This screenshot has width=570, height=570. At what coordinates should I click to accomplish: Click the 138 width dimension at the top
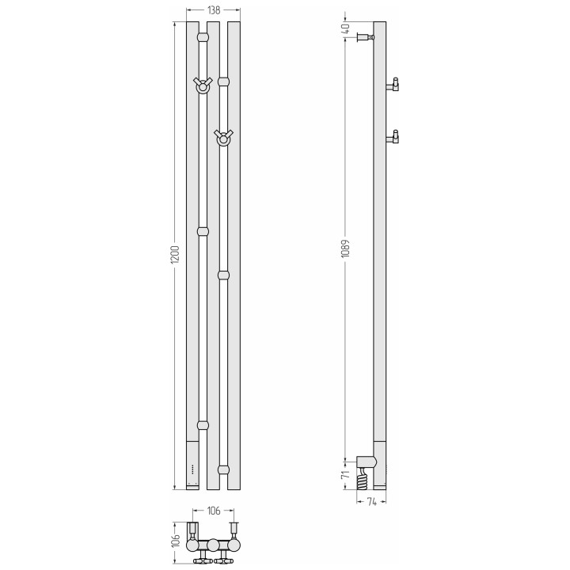coord(214,10)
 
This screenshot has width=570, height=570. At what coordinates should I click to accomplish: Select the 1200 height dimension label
coord(175,254)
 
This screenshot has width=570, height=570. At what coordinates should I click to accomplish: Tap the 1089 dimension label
coord(345,249)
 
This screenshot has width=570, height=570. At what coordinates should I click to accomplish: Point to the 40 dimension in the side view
coord(346,28)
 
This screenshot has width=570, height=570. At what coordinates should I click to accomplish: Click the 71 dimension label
coord(346,474)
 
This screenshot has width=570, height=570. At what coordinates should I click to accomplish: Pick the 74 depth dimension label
coord(371,502)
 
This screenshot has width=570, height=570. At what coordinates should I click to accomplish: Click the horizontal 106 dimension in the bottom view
coord(214,511)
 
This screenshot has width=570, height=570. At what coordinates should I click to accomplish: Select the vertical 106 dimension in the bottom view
coord(175,541)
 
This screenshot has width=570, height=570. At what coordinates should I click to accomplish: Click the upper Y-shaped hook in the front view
coord(203,85)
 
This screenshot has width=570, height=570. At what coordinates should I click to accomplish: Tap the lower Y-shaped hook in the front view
coord(223,138)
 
